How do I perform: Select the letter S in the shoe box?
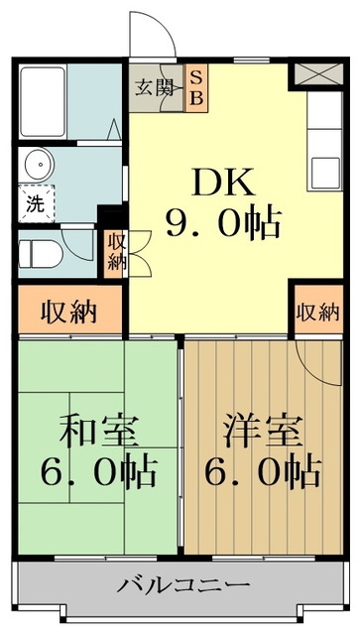point(196,76)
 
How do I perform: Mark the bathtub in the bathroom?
point(42,99)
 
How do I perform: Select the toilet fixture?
point(42,253)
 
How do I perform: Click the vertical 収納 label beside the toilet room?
point(116,253)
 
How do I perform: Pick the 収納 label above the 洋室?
point(316,312)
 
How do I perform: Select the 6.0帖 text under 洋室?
point(263,473)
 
